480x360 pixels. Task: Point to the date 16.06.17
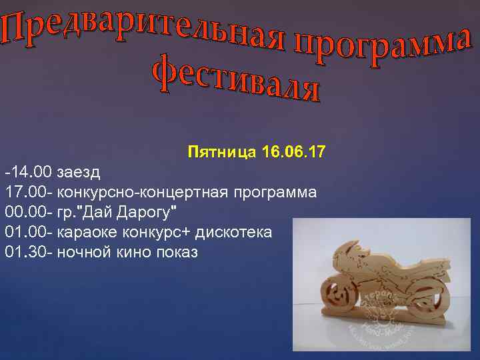[x=294, y=153]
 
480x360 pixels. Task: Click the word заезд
[x=79, y=173]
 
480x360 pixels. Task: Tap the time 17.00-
[x=29, y=193]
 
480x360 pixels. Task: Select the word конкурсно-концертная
[x=143, y=193]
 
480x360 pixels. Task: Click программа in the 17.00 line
[x=275, y=193]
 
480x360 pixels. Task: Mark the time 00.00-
[x=29, y=213]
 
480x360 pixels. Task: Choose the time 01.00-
[x=29, y=233]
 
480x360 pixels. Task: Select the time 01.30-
[x=29, y=253]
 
